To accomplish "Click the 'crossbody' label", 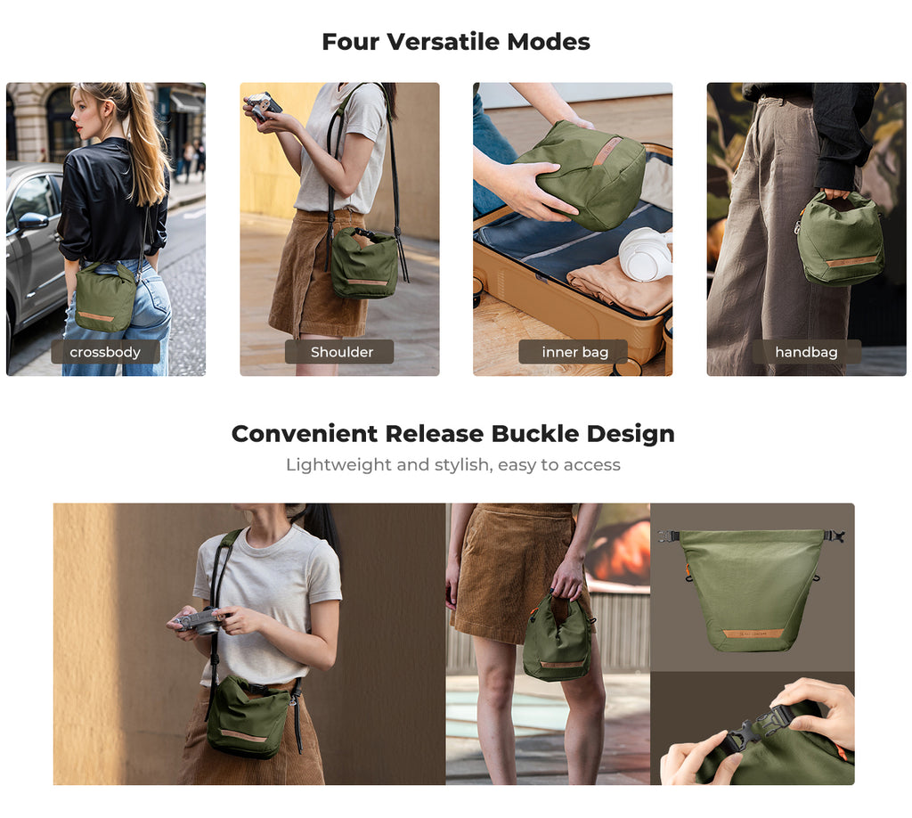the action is pyautogui.click(x=105, y=352).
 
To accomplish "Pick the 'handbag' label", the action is pyautogui.click(x=807, y=352).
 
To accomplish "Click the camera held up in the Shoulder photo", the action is pyautogui.click(x=263, y=106).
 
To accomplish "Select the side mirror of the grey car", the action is pyautogui.click(x=33, y=222).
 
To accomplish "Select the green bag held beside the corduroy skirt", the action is pyautogui.click(x=558, y=639).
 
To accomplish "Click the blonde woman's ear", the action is pyautogui.click(x=107, y=110).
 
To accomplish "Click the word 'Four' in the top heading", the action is pyautogui.click(x=350, y=42).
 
